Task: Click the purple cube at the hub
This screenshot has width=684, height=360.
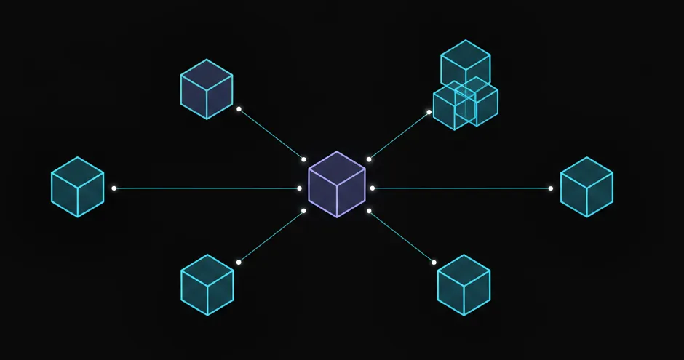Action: pyautogui.click(x=336, y=184)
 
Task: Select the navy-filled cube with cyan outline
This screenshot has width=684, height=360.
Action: pyautogui.click(x=207, y=89)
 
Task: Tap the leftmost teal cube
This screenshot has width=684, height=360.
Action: pyautogui.click(x=77, y=187)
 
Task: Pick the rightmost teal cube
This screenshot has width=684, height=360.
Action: pyautogui.click(x=586, y=187)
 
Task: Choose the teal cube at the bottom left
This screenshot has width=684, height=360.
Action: pyautogui.click(x=207, y=284)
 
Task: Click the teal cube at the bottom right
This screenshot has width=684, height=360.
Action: pyautogui.click(x=464, y=284)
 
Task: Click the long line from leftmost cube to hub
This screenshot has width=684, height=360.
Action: pyautogui.click(x=207, y=188)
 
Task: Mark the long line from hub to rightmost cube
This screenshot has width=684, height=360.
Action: pyautogui.click(x=461, y=188)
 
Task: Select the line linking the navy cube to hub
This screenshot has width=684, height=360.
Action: pyautogui.click(x=271, y=135)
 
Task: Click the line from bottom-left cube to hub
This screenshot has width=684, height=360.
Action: pyautogui.click(x=271, y=236)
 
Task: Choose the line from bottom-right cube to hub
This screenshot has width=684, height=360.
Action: pyautogui.click(x=401, y=236)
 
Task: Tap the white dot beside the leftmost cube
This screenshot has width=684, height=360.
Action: pyautogui.click(x=114, y=188)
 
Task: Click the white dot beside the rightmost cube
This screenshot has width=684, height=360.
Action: pyautogui.click(x=551, y=188)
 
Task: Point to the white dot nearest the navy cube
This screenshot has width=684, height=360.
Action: pyautogui.click(x=239, y=109)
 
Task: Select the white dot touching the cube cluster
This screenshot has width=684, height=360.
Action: pyautogui.click(x=429, y=112)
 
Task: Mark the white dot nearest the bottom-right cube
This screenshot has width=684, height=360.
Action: pyautogui.click(x=434, y=263)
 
